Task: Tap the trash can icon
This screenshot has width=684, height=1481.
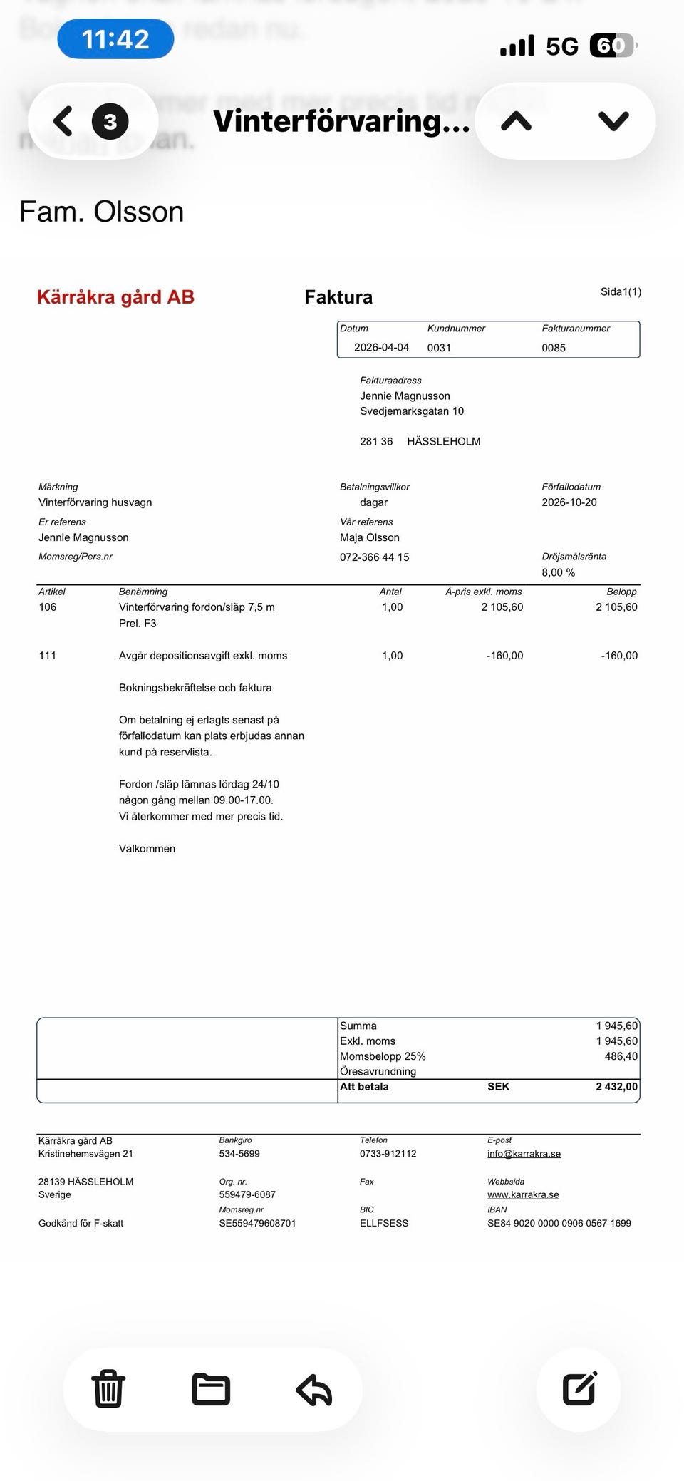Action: coord(108,1389)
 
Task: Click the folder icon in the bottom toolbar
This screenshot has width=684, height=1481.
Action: coord(211,1389)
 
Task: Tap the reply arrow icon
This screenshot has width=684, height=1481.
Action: coord(314,1389)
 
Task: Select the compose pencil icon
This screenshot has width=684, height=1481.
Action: coord(579,1388)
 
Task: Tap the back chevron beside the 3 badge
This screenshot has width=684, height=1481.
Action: coord(63,121)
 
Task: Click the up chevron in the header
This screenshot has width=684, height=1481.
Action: coord(517,121)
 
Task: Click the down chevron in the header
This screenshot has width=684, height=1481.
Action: coord(613,121)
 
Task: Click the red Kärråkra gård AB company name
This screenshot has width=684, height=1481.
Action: coord(115,297)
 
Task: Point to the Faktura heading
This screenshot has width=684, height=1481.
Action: coord(338,297)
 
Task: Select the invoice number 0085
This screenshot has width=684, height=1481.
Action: coord(554,348)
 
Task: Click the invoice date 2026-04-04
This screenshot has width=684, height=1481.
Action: coord(381,348)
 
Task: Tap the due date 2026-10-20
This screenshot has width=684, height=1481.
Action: coord(569,502)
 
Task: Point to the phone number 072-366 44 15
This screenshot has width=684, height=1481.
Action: coord(375,557)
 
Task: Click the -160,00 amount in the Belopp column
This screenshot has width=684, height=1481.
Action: coord(618,656)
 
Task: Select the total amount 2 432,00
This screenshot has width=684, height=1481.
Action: coord(616,1087)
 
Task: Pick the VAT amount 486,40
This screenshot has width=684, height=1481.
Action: coord(621,1056)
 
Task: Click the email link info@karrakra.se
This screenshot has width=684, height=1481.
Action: coord(524,1154)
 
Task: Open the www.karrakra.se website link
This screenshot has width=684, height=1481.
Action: coord(523,1195)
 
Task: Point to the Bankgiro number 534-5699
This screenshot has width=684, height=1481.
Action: coord(239,1154)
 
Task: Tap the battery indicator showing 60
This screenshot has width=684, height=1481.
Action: coord(611,46)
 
